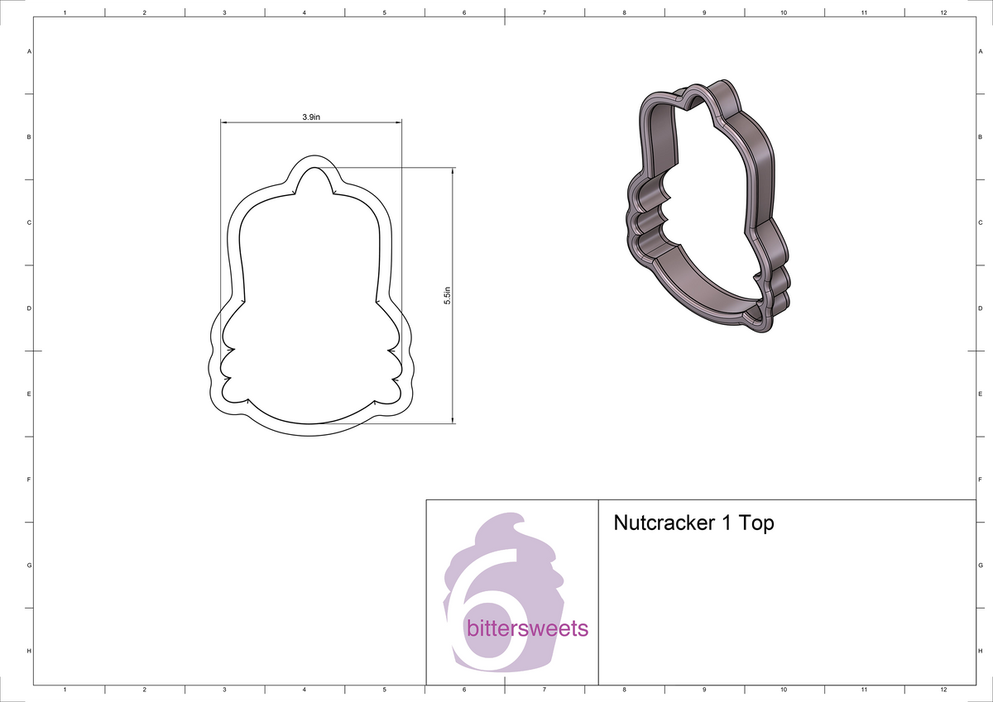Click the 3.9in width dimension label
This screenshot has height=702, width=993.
[x=311, y=117]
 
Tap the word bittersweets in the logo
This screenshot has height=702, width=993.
[x=527, y=629]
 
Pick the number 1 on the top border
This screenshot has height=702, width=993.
[x=65, y=12]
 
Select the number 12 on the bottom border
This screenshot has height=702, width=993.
[x=943, y=690]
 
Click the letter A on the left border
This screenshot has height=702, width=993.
[x=30, y=51]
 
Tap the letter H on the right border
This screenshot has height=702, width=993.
[x=980, y=652]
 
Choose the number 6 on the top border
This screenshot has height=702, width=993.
[x=464, y=12]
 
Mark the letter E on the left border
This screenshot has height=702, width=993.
[x=30, y=394]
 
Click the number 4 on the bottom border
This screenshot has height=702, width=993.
[x=305, y=690]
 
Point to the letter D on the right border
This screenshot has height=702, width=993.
[x=980, y=308]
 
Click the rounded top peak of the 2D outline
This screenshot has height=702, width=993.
[x=312, y=158]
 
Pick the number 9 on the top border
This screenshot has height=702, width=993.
[x=703, y=12]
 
